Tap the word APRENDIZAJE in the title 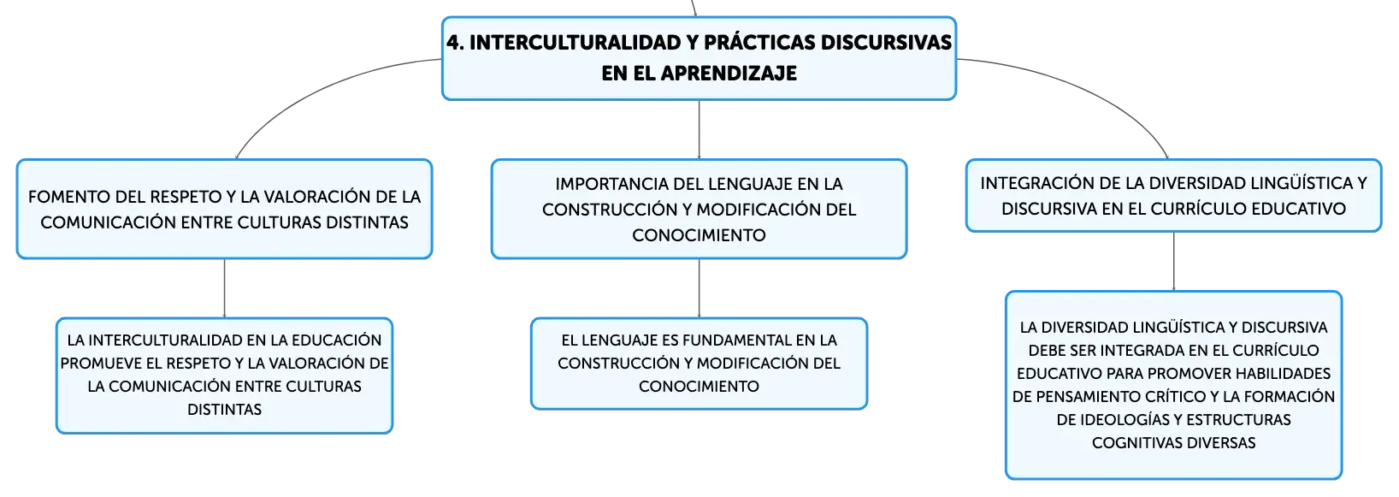coord(729,73)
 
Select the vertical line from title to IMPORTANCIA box coord(699,129)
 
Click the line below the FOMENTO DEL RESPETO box coord(224,287)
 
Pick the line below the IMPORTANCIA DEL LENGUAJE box coord(699,287)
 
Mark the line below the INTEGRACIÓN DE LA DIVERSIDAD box coord(1173,261)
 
